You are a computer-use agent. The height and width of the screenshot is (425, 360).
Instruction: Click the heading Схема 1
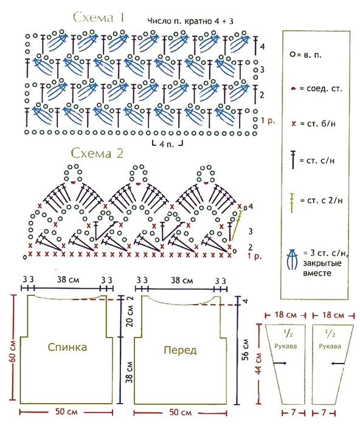(99, 18)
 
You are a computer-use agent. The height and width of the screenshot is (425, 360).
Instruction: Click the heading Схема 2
(97, 153)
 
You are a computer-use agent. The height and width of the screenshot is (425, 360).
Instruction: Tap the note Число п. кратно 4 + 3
(190, 21)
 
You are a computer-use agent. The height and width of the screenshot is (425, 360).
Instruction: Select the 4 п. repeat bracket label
(167, 144)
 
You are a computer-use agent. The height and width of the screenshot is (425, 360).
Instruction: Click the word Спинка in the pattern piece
(67, 347)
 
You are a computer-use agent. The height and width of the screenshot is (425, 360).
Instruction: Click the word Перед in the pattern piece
(180, 350)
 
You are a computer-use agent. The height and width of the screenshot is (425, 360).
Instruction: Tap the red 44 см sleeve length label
(258, 364)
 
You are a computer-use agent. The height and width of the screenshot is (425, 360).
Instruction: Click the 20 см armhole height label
(130, 316)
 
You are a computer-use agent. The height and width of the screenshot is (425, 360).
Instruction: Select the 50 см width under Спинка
(66, 412)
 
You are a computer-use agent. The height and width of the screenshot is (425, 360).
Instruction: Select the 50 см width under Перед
(180, 412)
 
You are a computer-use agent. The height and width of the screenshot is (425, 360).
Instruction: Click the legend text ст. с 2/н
(322, 201)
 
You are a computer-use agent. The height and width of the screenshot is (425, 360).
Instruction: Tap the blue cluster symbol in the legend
(292, 260)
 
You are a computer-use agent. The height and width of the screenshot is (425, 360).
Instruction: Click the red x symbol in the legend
(294, 124)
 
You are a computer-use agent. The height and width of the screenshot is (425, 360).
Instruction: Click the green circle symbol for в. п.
(292, 55)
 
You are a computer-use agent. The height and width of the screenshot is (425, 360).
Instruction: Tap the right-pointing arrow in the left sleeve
(280, 363)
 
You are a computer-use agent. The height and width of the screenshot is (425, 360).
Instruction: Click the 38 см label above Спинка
(67, 280)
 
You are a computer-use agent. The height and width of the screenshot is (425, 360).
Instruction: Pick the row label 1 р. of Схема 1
(268, 120)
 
